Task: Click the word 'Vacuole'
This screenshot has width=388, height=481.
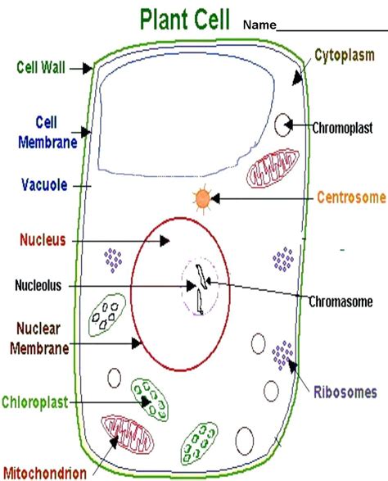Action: (45, 185)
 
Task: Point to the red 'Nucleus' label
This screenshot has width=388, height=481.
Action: (43, 240)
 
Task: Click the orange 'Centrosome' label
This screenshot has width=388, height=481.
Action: (350, 197)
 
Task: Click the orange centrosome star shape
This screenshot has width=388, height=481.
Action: (201, 198)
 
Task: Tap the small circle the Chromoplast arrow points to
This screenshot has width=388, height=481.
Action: (282, 125)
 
